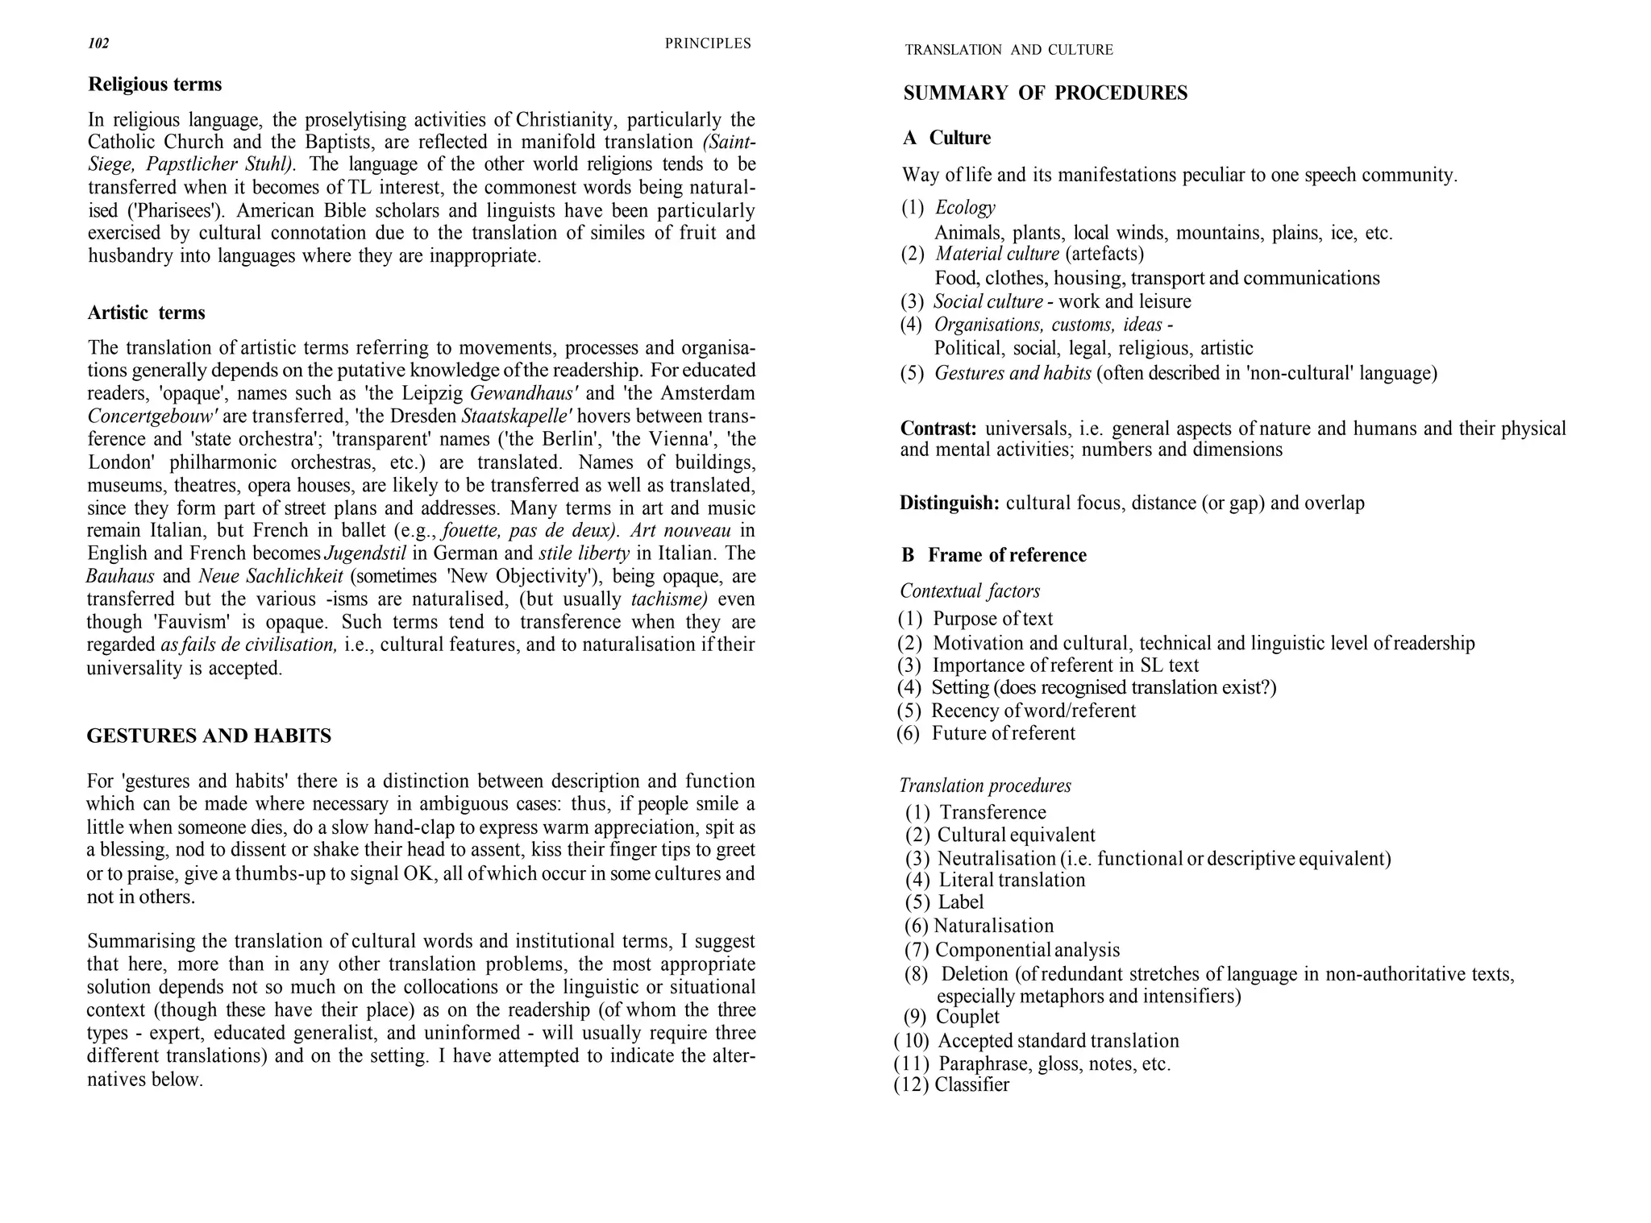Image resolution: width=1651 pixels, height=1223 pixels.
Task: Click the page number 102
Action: tap(98, 44)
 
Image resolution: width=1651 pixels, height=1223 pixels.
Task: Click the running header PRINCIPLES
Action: tap(707, 44)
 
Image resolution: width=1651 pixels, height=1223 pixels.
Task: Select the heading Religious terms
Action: tap(155, 85)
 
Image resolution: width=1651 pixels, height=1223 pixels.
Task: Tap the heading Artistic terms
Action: tap(146, 313)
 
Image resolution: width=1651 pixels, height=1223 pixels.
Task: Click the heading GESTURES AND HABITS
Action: tap(209, 736)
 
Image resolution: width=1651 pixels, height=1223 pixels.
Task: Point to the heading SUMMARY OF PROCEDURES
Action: tap(1045, 93)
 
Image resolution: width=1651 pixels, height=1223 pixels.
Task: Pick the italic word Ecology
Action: tap(965, 208)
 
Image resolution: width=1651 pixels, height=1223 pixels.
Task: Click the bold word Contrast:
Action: tap(938, 428)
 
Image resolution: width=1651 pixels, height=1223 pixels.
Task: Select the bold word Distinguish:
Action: tap(950, 504)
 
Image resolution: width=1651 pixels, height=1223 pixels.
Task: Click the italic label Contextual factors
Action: tap(969, 591)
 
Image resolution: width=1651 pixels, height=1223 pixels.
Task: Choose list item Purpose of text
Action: tap(992, 619)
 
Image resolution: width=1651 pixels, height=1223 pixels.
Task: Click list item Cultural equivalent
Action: tap(1016, 835)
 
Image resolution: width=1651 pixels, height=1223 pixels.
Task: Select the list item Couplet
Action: tap(967, 1018)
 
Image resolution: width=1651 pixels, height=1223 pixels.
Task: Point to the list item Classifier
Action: tap(971, 1085)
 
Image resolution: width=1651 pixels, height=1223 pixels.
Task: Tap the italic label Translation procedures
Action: tap(984, 786)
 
